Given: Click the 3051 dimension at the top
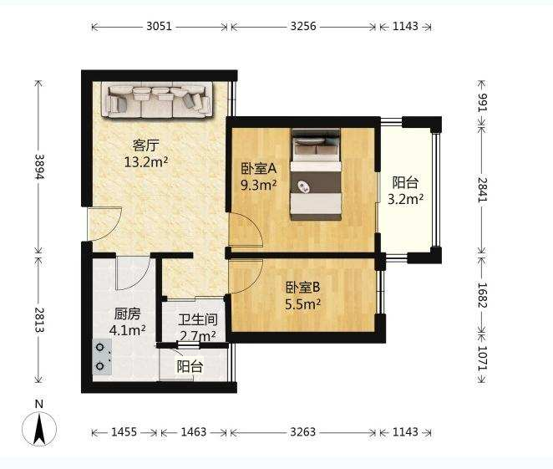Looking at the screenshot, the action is pos(159,27).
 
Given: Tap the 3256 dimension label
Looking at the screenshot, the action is pos(303,27).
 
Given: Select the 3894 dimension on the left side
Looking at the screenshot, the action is pos(39,166).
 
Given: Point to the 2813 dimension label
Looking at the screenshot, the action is pos(39,319).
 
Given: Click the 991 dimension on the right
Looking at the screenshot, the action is pos(482,103).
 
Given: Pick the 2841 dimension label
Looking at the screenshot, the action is pos(482,190).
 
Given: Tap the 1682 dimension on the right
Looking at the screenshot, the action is pos(482,295).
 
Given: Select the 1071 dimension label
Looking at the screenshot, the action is pos(482,358).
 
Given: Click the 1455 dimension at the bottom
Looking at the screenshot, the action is pos(124,432).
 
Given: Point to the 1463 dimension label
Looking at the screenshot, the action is pos(194,432).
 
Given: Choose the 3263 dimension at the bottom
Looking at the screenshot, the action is pos(303,432).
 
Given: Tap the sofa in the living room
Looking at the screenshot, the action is pos(157,99).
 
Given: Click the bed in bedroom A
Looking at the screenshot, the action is pos(317,175).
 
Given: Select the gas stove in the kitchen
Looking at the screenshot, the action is pos(102,357).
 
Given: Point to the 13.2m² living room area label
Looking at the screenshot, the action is pos(146,162).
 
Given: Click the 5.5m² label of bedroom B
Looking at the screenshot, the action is pos(303,303).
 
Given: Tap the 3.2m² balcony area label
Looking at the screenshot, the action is pos(406,199).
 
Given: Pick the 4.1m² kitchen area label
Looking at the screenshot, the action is pos(128,330).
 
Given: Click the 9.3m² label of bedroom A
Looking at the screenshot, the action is pos(258,185).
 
